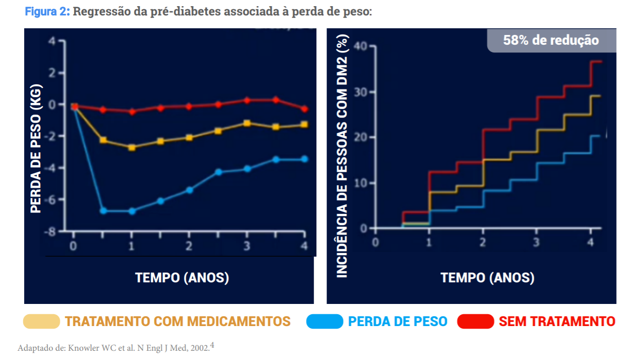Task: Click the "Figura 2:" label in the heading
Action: point(47,11)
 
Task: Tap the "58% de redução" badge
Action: point(551,40)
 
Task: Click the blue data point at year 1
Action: point(132,211)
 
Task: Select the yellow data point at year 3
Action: point(247,123)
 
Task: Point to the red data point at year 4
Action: point(304,109)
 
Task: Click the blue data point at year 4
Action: point(304,159)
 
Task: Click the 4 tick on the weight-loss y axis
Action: point(52,42)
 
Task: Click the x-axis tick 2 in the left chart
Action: point(189,246)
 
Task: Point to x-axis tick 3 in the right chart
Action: point(536,243)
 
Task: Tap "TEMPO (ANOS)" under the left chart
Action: point(182,278)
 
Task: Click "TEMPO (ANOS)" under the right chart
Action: point(487,278)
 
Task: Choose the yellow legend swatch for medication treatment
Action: point(42,322)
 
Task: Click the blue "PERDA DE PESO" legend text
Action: point(397,322)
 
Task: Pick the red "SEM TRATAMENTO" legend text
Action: point(557,322)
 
